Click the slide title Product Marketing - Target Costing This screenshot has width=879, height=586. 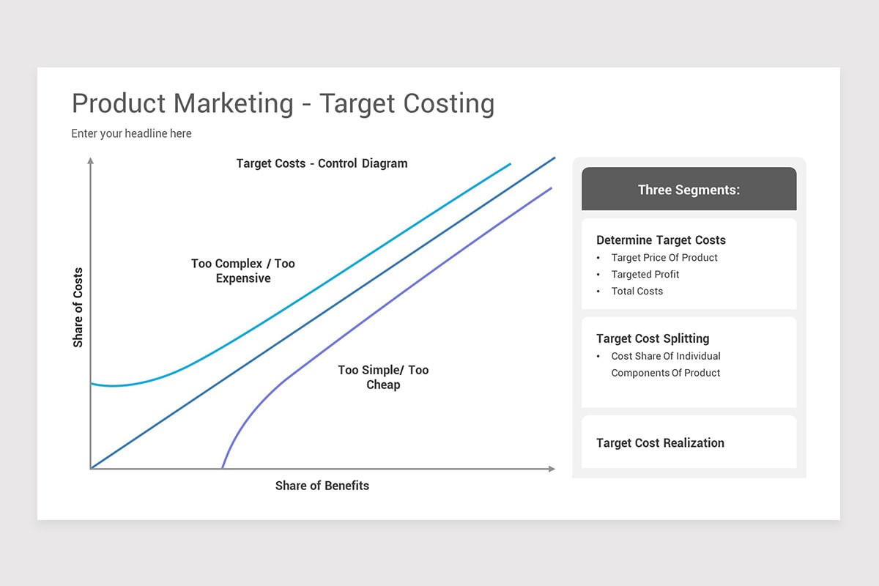pyautogui.click(x=283, y=103)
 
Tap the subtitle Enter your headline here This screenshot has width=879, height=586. pyautogui.click(x=131, y=133)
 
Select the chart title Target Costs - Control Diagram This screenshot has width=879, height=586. pyautogui.click(x=322, y=163)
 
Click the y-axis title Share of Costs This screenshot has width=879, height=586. pyautogui.click(x=78, y=307)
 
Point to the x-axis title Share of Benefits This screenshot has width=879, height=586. pyautogui.click(x=322, y=486)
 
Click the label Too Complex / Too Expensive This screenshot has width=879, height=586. pyautogui.click(x=243, y=271)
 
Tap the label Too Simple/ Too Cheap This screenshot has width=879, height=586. pyautogui.click(x=383, y=377)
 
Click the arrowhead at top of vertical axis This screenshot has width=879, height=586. pyautogui.click(x=90, y=160)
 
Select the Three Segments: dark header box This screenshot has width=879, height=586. pyautogui.click(x=689, y=190)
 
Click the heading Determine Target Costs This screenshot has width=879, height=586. pyautogui.click(x=661, y=240)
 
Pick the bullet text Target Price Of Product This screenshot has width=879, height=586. pyautogui.click(x=664, y=258)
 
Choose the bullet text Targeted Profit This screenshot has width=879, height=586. pyautogui.click(x=645, y=275)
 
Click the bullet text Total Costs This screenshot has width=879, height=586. pyautogui.click(x=637, y=292)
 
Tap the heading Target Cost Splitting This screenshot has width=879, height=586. pyautogui.click(x=653, y=338)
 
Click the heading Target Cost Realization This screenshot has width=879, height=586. pyautogui.click(x=660, y=443)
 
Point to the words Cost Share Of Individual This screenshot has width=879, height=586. pyautogui.click(x=666, y=356)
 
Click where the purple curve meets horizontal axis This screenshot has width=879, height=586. pyautogui.click(x=223, y=468)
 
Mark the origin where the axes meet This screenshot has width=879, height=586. pyautogui.click(x=91, y=468)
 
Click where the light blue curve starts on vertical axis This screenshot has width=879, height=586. pyautogui.click(x=91, y=383)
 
